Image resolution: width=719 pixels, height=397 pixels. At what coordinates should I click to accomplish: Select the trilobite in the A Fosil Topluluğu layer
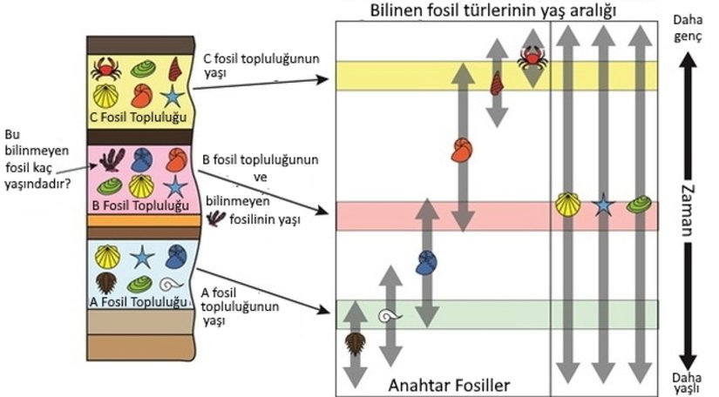[105, 283]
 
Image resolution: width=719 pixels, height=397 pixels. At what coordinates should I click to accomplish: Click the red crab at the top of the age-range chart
[531, 57]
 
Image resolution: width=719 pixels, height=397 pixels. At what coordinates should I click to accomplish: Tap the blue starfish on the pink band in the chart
[602, 205]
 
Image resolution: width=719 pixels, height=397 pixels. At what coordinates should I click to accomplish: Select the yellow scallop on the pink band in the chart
[568, 205]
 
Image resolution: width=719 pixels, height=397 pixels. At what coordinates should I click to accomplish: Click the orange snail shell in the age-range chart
[462, 150]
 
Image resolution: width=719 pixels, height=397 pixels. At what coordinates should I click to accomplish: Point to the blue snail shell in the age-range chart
[426, 260]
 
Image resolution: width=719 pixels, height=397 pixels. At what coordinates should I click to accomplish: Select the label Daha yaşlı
[688, 382]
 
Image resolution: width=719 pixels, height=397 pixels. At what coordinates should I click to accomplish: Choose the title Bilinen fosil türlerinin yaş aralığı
[493, 11]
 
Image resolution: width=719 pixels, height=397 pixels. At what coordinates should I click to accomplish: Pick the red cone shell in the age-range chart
[497, 84]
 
